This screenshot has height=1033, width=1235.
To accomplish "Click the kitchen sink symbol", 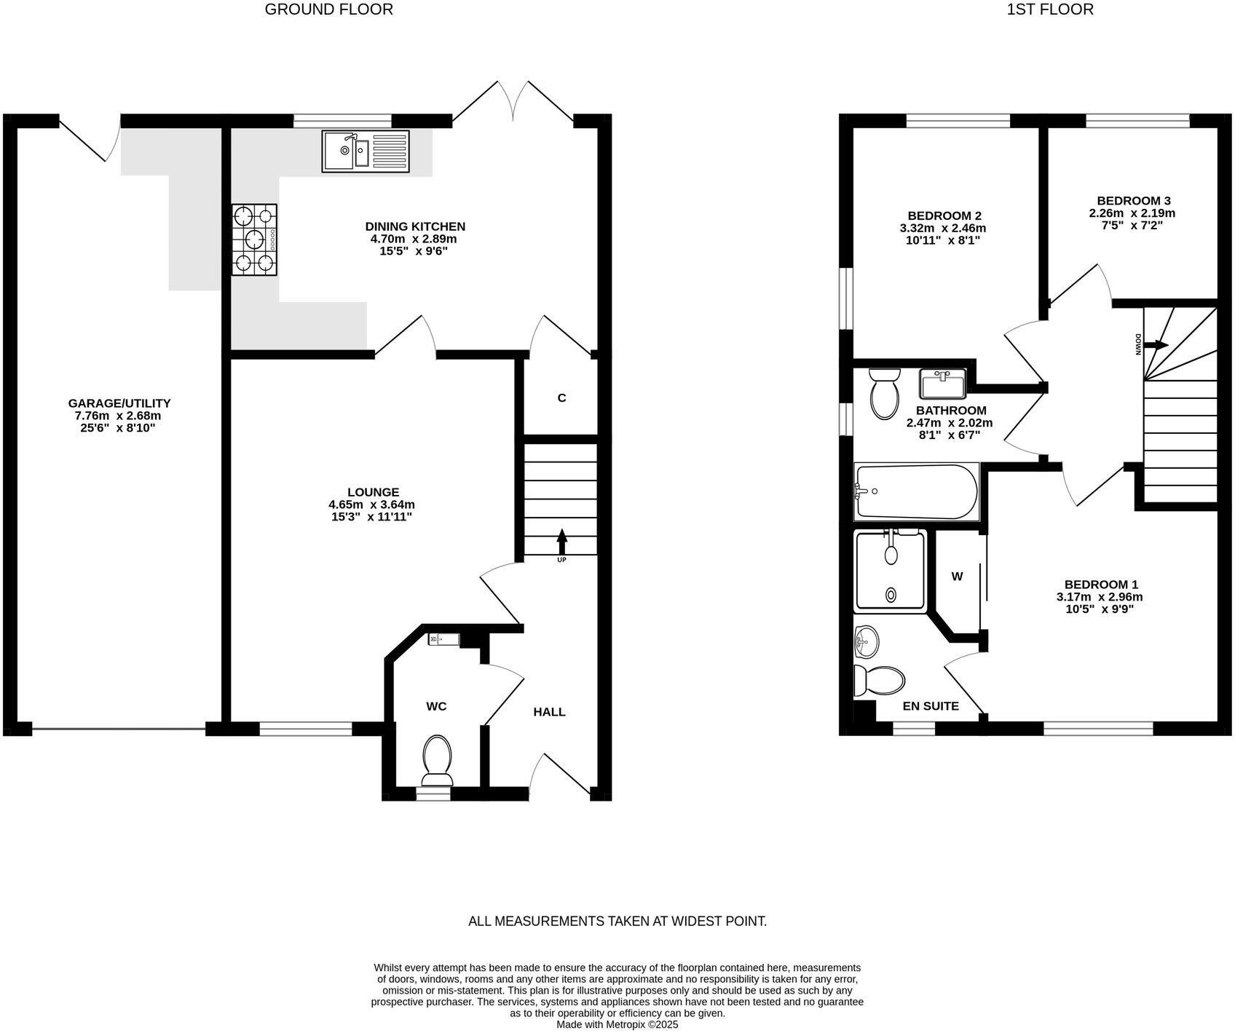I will pyautogui.click(x=366, y=151).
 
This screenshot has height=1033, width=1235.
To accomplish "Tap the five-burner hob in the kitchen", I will pyautogui.click(x=255, y=240).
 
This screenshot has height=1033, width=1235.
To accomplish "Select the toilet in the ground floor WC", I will pyautogui.click(x=437, y=759).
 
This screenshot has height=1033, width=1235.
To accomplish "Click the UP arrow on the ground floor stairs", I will pyautogui.click(x=561, y=543).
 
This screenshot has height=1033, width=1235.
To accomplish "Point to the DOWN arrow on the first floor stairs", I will pyautogui.click(x=1160, y=344).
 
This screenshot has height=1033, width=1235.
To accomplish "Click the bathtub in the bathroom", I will pyautogui.click(x=915, y=491).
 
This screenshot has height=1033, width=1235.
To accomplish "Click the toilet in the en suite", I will pyautogui.click(x=879, y=680).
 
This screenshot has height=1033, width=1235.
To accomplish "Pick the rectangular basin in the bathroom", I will pyautogui.click(x=942, y=383).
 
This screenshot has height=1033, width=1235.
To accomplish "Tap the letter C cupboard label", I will pyautogui.click(x=561, y=398).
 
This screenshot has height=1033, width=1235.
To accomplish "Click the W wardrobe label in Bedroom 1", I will pyautogui.click(x=957, y=577).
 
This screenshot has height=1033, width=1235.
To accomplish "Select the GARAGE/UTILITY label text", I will pyautogui.click(x=119, y=403).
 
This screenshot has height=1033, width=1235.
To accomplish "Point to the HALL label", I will pyautogui.click(x=549, y=712).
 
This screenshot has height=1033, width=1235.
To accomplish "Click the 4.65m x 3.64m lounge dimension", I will pyautogui.click(x=371, y=504).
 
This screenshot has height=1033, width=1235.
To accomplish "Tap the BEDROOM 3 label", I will pyautogui.click(x=1133, y=201).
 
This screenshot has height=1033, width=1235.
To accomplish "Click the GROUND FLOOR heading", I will pyautogui.click(x=328, y=9).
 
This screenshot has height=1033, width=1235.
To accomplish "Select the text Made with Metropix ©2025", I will pyautogui.click(x=617, y=1024).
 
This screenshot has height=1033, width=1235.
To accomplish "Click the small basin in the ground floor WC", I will pyautogui.click(x=443, y=639).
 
